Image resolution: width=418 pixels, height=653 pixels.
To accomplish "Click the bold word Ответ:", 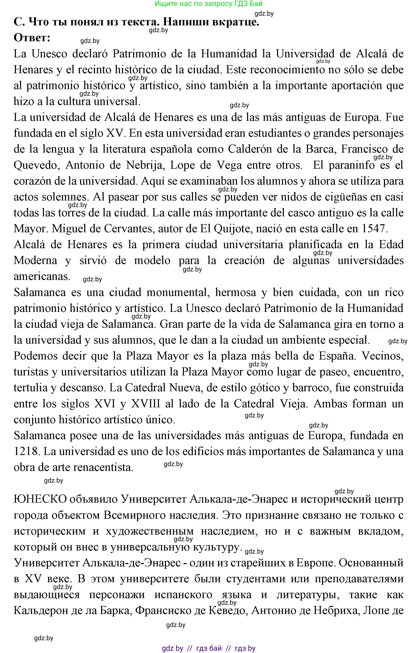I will tap(32, 38).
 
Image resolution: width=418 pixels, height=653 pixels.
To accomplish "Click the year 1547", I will tap(373, 229).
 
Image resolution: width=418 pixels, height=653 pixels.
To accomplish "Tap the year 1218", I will tap(26, 451).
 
